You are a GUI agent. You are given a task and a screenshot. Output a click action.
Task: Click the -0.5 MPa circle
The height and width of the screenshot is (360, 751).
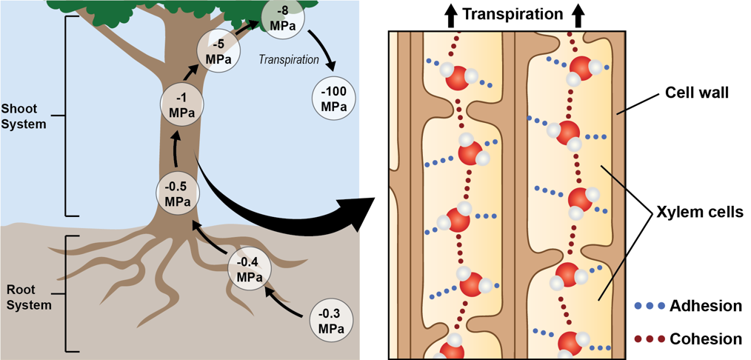point(178,195)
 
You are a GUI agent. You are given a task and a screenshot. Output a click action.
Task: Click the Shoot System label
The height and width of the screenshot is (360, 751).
point(24,116)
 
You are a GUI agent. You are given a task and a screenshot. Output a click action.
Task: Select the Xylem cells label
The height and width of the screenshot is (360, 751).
point(700,211)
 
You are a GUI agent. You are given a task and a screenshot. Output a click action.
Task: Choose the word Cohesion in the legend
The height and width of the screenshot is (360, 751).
point(704,339)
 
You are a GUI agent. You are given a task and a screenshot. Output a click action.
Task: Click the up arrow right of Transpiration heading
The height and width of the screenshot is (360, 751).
point(578,13)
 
